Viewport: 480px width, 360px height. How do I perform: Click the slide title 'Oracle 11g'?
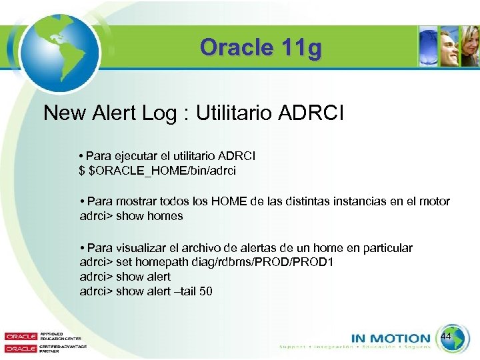tap(261, 48)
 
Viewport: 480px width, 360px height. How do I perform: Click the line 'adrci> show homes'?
tap(131, 216)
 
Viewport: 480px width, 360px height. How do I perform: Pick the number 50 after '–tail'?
tap(206, 291)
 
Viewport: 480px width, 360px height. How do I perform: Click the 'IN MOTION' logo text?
tap(391, 339)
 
